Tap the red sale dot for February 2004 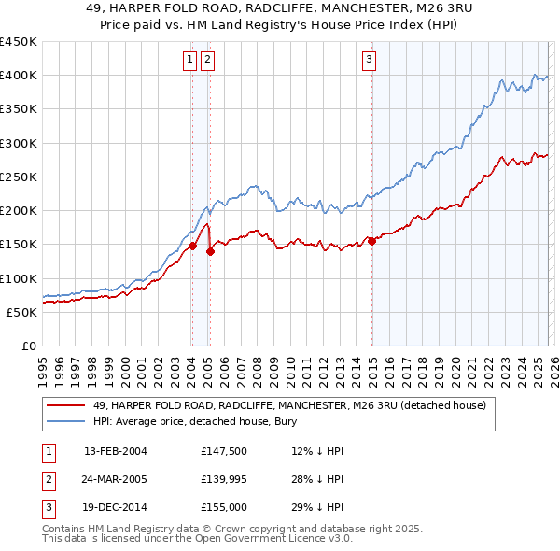click(192, 247)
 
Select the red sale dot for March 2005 click(210, 251)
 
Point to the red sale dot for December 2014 click(371, 241)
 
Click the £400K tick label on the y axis click(19, 76)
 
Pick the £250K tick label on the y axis click(19, 177)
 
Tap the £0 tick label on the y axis click(28, 346)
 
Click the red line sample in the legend click(66, 406)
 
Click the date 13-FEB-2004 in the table click(116, 451)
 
